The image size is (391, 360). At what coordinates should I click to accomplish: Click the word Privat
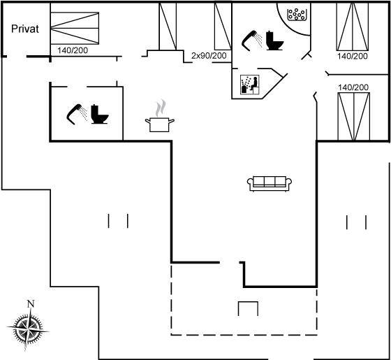pos(25,29)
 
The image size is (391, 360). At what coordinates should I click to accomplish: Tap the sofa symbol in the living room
pos(270,183)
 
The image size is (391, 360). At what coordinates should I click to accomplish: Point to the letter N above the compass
pos(31,303)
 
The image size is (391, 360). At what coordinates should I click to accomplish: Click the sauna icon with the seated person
pos(250,85)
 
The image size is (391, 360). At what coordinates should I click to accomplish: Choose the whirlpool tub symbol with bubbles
pos(297,14)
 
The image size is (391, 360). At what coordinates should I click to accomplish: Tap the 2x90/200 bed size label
pos(209,55)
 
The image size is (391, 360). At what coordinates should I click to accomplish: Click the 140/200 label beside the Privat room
pos(73,50)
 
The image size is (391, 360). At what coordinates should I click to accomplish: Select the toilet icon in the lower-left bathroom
pos(99,114)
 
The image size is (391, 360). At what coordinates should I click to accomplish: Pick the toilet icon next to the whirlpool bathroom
pos(275,41)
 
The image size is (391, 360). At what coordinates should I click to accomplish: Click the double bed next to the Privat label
pos(75,28)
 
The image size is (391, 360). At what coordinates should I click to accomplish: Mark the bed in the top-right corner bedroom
pos(353,27)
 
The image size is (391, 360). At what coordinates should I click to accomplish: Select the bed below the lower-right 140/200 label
pos(354,117)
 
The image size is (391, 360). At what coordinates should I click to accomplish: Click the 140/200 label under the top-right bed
pos(353,56)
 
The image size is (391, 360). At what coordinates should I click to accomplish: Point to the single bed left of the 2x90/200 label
pos(168,26)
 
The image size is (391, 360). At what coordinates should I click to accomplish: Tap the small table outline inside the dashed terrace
pos(248,308)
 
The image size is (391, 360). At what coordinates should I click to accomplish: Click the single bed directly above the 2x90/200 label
pos(223,26)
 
